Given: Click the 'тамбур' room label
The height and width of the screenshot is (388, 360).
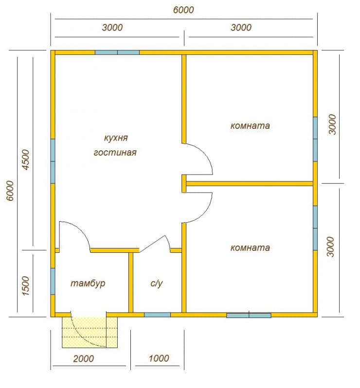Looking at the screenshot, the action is [88, 283].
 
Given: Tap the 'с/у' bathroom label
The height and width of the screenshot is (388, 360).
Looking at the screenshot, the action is [157, 283].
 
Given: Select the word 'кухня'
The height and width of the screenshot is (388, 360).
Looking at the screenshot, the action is [116, 138].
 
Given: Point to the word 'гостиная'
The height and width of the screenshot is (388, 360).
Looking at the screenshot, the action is [115, 152].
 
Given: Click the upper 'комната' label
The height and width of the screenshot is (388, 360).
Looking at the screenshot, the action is [250, 126].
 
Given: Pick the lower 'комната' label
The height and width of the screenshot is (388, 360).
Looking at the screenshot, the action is [250, 247].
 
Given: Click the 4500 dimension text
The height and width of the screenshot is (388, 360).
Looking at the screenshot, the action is [25, 159].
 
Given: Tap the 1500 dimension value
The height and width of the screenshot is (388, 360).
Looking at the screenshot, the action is [25, 286].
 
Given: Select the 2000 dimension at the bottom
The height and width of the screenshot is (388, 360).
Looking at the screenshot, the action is [84, 358].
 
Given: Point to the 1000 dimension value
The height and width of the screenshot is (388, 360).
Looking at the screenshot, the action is [159, 358].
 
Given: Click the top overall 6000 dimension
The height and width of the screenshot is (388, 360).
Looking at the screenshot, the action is [183, 10].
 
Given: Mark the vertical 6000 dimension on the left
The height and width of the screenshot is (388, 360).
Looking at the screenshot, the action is [10, 191].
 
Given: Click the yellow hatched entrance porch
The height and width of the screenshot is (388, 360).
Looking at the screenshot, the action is [90, 332].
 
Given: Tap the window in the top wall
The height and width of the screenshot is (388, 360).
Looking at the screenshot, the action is [117, 53].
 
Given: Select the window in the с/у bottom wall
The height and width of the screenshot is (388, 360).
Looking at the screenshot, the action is [158, 315].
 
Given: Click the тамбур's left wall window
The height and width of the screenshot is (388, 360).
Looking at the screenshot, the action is [53, 282].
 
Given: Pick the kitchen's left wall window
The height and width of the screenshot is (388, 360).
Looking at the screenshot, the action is [53, 161].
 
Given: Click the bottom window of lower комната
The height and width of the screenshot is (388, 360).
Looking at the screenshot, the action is [249, 315].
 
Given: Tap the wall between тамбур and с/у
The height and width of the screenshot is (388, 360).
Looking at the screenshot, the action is [131, 282].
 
